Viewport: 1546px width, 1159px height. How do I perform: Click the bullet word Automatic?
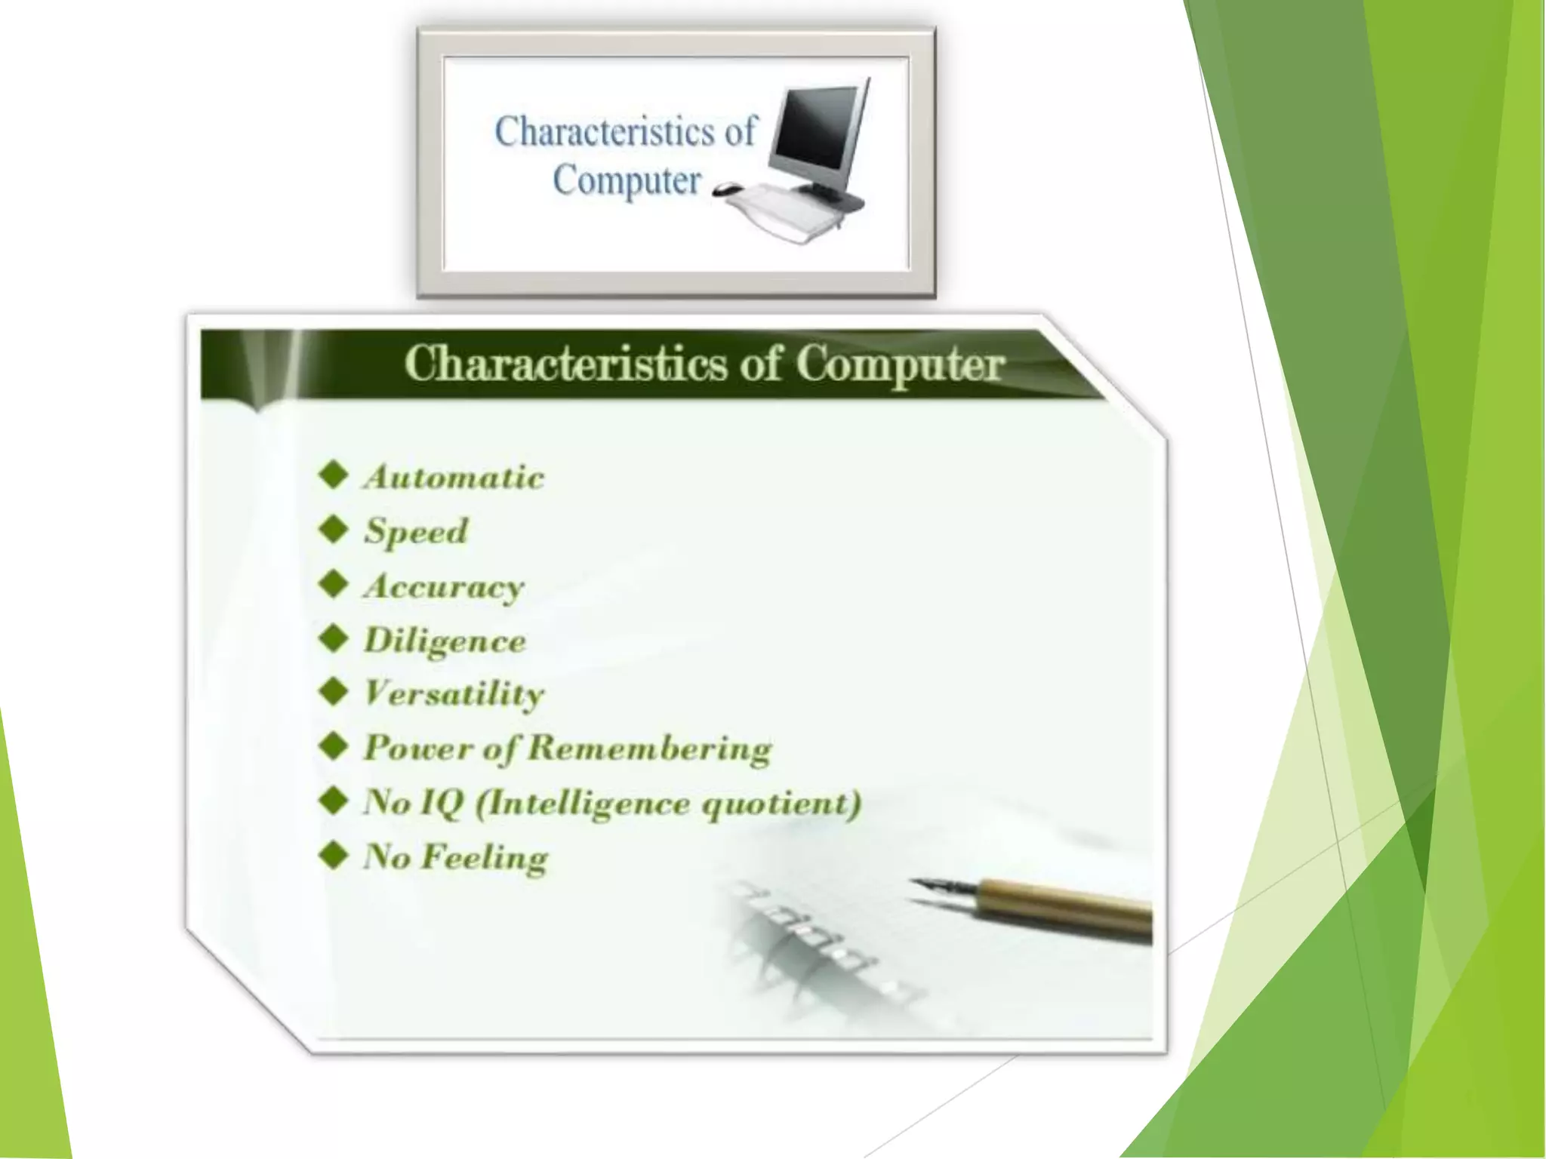454,478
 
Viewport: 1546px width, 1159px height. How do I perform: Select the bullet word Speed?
416,531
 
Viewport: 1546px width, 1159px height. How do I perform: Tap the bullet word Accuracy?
443,586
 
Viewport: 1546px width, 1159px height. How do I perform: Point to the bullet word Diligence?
445,641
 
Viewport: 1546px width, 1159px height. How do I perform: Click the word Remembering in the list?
649,749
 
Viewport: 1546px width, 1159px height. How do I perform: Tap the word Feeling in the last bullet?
485,858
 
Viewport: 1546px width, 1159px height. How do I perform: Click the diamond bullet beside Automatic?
333,476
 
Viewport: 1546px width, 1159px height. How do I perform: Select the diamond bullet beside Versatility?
333,692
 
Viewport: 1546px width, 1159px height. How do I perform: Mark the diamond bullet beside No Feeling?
333,856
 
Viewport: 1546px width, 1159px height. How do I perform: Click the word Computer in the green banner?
900,364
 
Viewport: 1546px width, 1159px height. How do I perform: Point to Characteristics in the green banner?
566,364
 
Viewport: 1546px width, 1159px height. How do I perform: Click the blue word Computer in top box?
627,181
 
